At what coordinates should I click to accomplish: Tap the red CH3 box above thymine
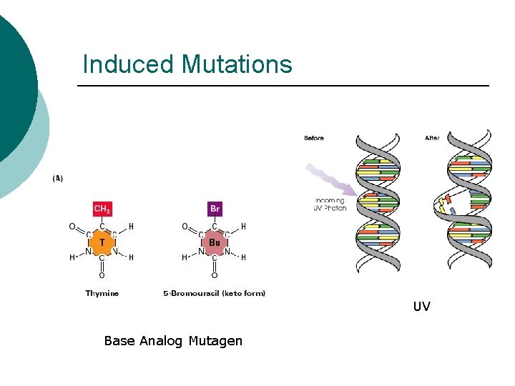tap(102, 209)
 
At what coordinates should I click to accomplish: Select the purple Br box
tap(215, 209)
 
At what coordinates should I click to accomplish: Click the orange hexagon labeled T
tap(102, 243)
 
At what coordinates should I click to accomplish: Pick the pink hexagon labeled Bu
tap(215, 243)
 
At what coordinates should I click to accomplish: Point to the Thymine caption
tap(102, 293)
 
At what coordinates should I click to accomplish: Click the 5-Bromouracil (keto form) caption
tap(215, 293)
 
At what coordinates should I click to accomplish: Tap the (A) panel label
tap(57, 178)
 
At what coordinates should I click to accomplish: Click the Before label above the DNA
tap(314, 138)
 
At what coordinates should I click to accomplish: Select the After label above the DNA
tap(432, 138)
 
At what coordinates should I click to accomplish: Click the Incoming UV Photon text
tap(329, 204)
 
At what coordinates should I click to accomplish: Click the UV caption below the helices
tap(421, 307)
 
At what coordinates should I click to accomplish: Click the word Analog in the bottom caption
tap(161, 341)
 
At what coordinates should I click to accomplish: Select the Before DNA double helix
tap(379, 204)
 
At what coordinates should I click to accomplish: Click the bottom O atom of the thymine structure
tap(102, 274)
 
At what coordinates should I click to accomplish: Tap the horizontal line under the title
tap(283, 86)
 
